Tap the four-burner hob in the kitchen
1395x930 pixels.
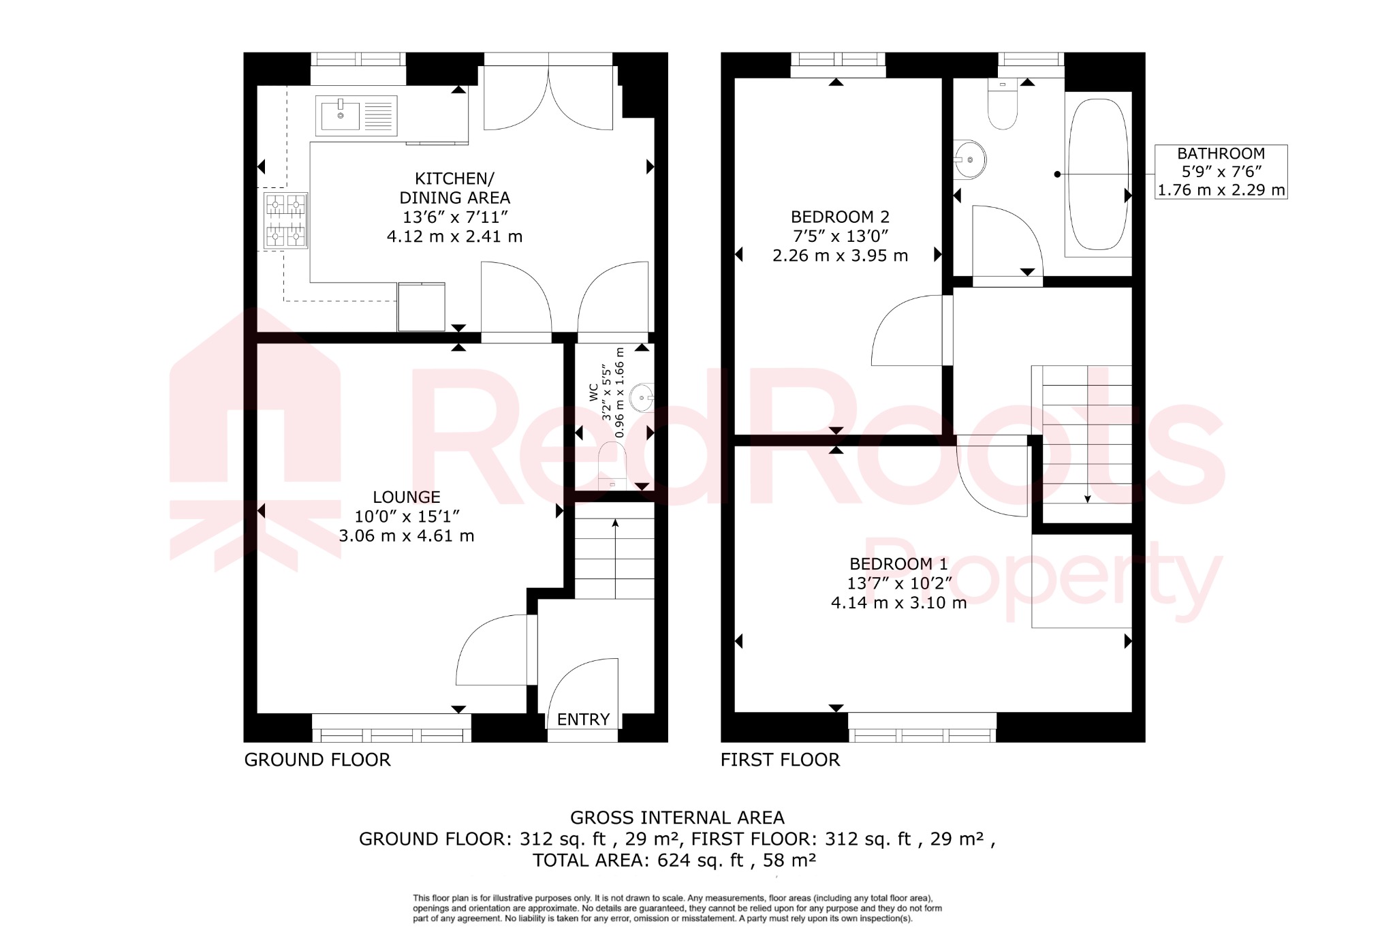(285, 220)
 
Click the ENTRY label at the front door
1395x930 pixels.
(583, 719)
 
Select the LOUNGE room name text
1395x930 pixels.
(407, 497)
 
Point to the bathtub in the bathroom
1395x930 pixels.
(1097, 175)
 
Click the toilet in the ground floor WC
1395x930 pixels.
(612, 465)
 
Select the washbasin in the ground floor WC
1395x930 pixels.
(642, 398)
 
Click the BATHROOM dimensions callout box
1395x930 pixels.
(1221, 172)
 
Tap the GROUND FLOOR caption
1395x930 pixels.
(317, 760)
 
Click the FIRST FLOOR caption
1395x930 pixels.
(780, 760)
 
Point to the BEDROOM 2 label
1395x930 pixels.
(840, 217)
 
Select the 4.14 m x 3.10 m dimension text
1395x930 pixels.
(898, 603)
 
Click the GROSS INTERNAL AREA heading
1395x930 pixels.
(677, 818)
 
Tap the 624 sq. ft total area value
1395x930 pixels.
(700, 861)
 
